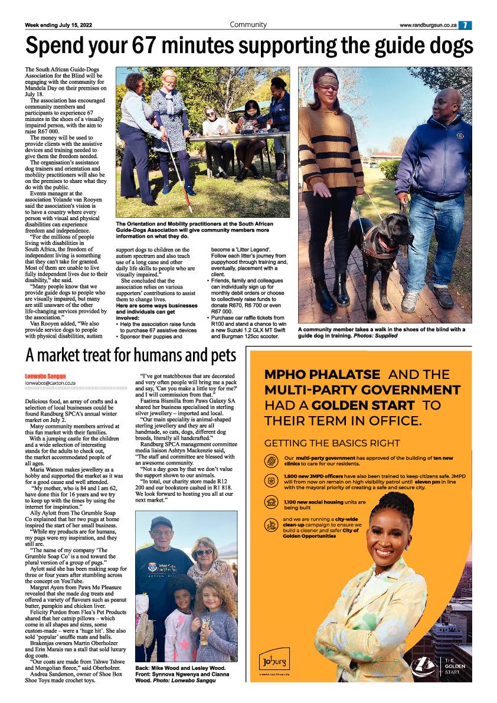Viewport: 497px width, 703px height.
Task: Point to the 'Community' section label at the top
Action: [248, 25]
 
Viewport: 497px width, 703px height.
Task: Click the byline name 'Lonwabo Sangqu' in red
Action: [45, 376]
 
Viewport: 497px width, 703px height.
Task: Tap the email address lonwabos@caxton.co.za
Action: [50, 383]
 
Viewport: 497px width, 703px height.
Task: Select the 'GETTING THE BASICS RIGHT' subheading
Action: [332, 443]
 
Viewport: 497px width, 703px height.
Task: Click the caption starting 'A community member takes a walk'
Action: [381, 332]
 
